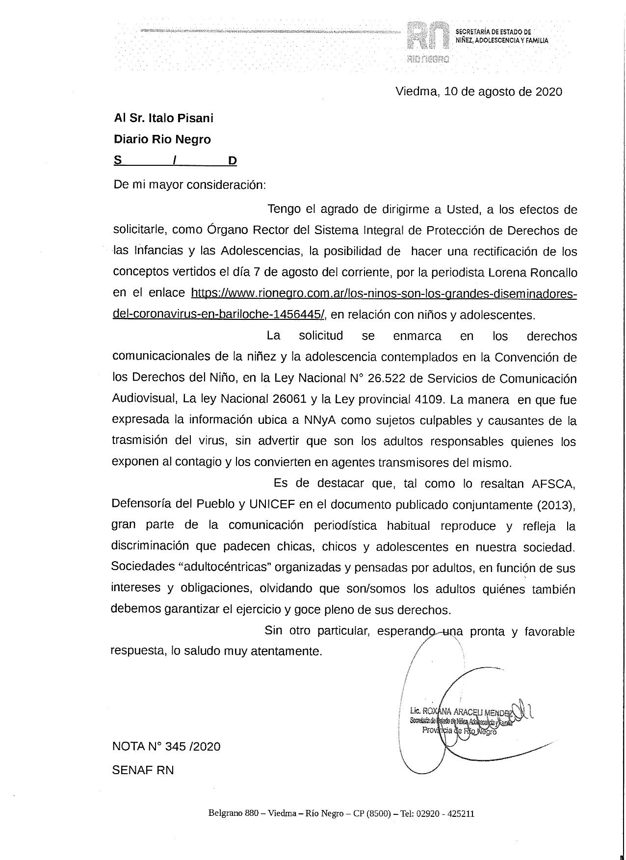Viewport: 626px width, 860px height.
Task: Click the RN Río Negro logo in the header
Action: click(428, 42)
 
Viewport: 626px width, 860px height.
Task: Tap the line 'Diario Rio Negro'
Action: click(162, 139)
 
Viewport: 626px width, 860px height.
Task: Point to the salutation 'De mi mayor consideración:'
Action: click(190, 185)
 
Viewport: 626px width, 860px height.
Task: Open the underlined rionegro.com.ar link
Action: click(383, 293)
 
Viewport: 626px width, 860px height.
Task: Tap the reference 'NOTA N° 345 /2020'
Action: click(166, 747)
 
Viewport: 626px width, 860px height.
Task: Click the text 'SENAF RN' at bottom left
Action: click(143, 770)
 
